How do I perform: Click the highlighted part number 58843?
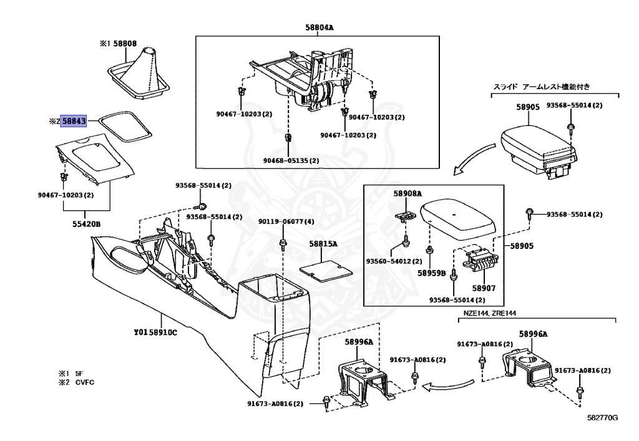point(74,122)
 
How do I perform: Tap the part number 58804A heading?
point(319,27)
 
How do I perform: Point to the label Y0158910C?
point(155,332)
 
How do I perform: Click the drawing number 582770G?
point(602,417)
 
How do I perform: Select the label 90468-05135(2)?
point(291,160)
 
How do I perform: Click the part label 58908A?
point(407,193)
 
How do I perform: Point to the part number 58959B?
point(432,273)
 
